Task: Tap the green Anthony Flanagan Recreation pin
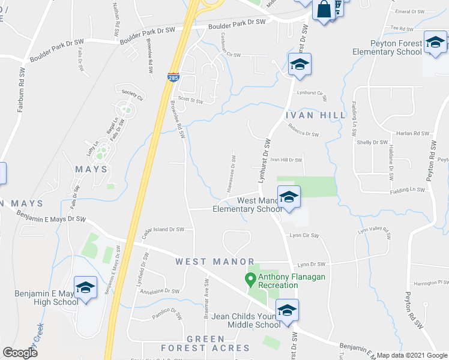coord(250,278)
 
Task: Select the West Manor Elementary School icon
coord(288,197)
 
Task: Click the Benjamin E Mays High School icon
coord(85,287)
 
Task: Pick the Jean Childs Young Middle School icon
coord(287,310)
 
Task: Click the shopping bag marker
coord(323,10)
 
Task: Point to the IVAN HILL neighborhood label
coord(315,115)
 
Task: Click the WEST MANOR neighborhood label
coord(207,262)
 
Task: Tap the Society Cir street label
coord(133,95)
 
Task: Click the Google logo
coord(20,353)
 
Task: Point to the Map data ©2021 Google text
coord(411,355)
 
